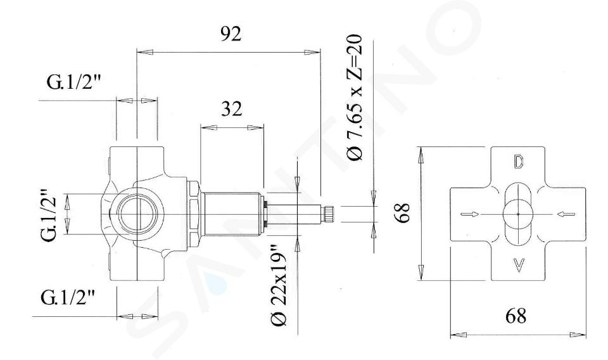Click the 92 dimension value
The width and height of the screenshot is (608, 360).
click(231, 34)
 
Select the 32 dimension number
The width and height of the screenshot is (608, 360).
click(232, 109)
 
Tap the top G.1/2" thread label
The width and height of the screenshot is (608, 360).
click(73, 82)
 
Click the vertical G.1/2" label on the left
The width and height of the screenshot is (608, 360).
click(49, 215)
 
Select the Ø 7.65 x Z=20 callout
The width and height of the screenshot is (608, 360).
click(355, 98)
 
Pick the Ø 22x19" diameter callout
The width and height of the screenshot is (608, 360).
click(279, 285)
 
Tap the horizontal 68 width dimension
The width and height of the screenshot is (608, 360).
click(516, 316)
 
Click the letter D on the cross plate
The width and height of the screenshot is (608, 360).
click(519, 162)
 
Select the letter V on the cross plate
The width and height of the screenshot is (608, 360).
click(519, 266)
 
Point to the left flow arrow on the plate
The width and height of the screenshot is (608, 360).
click(469, 214)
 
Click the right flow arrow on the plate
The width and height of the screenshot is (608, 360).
click(566, 214)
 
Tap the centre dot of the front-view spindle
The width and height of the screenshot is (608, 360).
click(518, 214)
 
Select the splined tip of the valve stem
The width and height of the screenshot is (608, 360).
click(329, 214)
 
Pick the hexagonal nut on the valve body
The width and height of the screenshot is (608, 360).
click(194, 214)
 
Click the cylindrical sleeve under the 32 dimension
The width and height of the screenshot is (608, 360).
click(232, 214)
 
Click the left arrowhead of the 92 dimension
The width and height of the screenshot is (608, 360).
click(145, 52)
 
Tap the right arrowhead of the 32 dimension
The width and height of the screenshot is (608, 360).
click(255, 127)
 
